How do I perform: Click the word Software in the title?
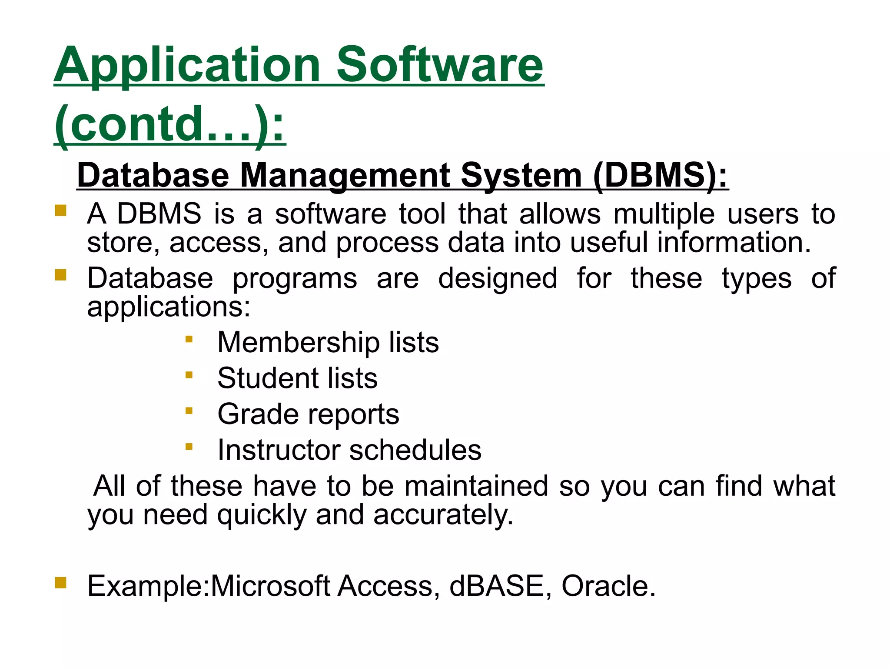click(439, 65)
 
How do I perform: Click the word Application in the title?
click(187, 65)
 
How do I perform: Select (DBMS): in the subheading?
click(660, 175)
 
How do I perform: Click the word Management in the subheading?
click(345, 175)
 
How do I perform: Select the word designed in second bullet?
click(497, 278)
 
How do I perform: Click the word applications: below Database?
click(169, 307)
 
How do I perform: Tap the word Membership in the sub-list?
click(298, 342)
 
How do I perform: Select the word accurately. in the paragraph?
click(443, 515)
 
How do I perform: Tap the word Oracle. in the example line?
click(608, 586)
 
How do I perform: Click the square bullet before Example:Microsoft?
click(60, 582)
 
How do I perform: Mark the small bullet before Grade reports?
click(189, 411)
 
